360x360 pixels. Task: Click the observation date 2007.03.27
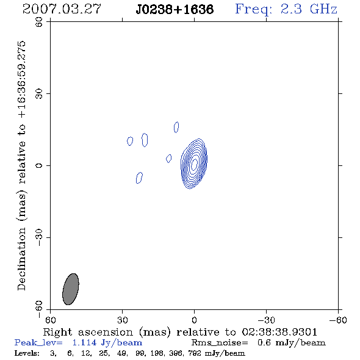point(62,9)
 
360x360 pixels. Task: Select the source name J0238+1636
point(175,9)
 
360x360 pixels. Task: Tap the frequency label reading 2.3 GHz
point(309,9)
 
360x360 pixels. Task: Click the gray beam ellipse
point(71,289)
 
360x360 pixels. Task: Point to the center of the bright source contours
point(194,164)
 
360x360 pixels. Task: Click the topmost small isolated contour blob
point(176,127)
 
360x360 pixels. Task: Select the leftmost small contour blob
point(130,141)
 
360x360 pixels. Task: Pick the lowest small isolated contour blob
point(139,178)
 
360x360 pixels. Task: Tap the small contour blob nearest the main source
point(169,159)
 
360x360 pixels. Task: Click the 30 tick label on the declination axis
point(39,94)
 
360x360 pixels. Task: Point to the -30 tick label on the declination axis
point(39,237)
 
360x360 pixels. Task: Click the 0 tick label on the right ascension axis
point(194,320)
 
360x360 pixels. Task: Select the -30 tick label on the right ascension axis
point(266,320)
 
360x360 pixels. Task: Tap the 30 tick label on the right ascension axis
point(123,320)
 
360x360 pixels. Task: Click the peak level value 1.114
point(84,343)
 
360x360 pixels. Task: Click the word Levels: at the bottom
point(27,353)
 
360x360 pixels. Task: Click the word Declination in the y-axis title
point(21,259)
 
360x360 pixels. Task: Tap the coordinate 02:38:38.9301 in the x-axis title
point(279,332)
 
